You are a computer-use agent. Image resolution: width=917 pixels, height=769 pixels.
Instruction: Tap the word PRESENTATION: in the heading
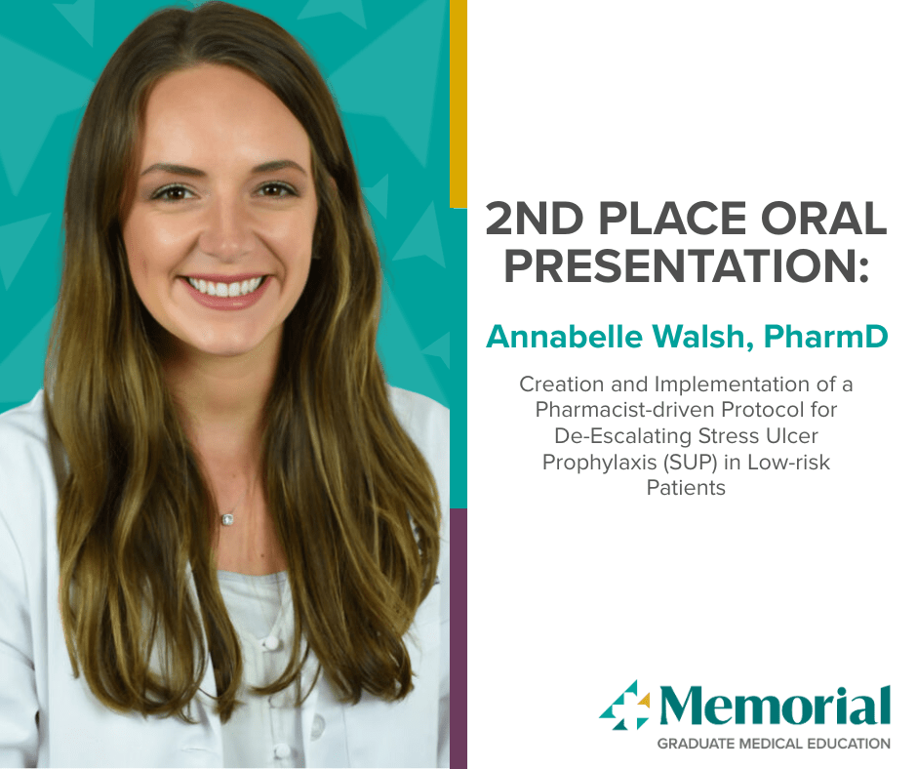click(687, 266)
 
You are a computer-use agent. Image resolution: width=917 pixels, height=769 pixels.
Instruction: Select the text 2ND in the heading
click(535, 219)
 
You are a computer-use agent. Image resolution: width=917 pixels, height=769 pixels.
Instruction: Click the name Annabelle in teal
click(565, 337)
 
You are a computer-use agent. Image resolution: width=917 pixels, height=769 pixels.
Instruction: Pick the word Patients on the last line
click(686, 488)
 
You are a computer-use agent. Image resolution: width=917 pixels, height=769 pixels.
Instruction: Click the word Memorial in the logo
click(776, 706)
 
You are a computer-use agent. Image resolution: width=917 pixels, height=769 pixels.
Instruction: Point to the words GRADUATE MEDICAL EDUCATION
click(774, 744)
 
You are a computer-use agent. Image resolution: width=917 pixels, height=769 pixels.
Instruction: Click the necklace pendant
click(227, 518)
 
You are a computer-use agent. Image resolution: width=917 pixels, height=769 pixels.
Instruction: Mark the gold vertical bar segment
click(458, 103)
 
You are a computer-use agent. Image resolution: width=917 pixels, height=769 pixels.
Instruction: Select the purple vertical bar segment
click(458, 638)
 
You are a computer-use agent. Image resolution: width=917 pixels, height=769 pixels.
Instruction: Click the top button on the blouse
click(271, 643)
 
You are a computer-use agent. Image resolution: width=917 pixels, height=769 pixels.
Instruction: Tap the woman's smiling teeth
click(225, 287)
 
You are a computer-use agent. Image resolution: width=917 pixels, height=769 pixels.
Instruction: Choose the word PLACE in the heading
click(672, 219)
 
